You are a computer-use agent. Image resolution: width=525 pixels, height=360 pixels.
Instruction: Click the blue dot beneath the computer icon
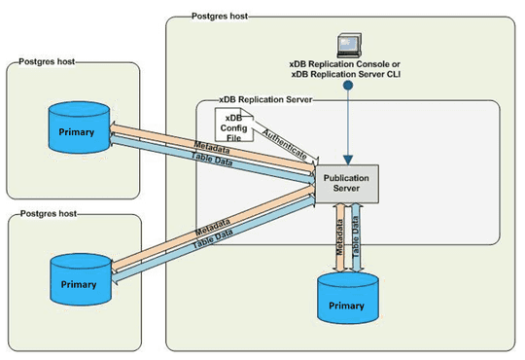pyautogui.click(x=349, y=85)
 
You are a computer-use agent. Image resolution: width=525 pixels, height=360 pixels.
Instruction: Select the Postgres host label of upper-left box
pyautogui.click(x=47, y=62)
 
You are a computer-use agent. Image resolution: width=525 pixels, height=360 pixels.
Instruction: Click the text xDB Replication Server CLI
pyautogui.click(x=351, y=74)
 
